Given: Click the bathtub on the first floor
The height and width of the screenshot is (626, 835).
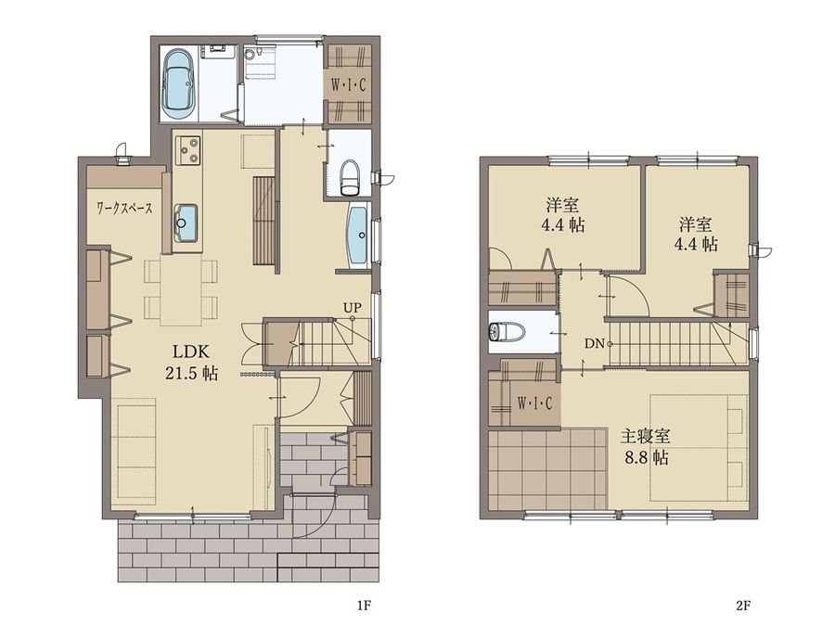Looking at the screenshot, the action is [x=179, y=83].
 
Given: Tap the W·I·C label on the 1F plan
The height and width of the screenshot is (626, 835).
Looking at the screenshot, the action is [x=348, y=85].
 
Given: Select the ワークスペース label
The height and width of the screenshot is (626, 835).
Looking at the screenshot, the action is [x=124, y=208].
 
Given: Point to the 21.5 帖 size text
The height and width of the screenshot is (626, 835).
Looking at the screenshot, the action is [x=190, y=373].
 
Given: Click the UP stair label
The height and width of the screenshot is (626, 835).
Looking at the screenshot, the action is [x=352, y=307].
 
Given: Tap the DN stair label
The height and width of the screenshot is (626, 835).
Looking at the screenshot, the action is [x=594, y=344].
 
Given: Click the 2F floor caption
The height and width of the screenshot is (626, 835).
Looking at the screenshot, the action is [x=743, y=606].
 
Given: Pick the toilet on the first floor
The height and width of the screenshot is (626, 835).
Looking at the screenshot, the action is [x=350, y=177].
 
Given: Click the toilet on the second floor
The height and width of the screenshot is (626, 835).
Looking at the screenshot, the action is [x=507, y=332].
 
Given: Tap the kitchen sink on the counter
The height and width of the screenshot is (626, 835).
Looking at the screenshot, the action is [x=185, y=223].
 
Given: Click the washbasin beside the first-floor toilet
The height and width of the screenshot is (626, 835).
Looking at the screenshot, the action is [x=358, y=235].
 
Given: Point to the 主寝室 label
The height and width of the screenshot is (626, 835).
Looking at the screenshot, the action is [x=645, y=437].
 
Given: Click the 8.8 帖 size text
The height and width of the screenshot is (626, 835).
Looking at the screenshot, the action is [x=646, y=458].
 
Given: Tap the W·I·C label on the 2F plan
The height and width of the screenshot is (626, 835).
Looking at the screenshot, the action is [x=534, y=404].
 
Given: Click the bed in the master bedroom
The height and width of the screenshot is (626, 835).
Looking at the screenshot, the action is [x=698, y=447].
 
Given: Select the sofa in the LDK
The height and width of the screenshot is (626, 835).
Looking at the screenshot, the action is [x=135, y=452].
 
